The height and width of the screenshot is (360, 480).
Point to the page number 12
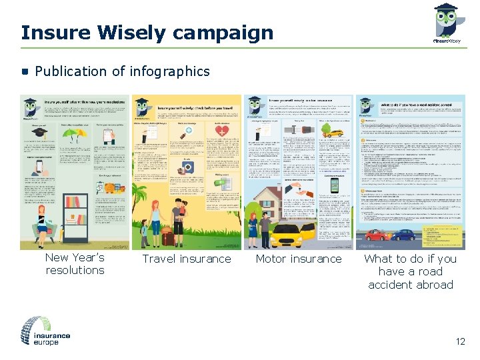tap(460, 342)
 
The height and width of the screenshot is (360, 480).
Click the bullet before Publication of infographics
tap(25, 71)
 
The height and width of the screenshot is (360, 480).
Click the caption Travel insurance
tap(187, 259)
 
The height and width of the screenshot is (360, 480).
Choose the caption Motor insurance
tap(299, 259)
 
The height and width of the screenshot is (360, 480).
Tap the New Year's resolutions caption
tap(75, 264)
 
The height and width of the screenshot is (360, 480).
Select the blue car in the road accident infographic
tap(403, 234)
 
